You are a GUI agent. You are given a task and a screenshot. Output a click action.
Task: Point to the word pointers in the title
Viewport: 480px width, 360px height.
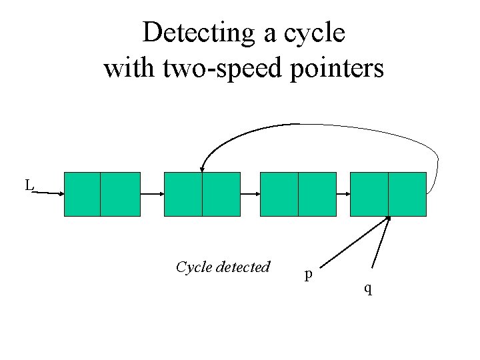pyautogui.click(x=339, y=67)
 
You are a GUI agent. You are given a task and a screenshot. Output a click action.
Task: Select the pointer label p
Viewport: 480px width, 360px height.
pyautogui.click(x=307, y=274)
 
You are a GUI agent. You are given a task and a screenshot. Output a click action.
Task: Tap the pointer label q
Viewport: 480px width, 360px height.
pyautogui.click(x=367, y=288)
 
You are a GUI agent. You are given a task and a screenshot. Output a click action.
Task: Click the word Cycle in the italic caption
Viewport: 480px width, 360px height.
pyautogui.click(x=195, y=267)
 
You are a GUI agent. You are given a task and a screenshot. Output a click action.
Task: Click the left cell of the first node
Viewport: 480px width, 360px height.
pyautogui.click(x=82, y=194)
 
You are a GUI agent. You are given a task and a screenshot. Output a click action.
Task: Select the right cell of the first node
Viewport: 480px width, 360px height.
pyautogui.click(x=120, y=194)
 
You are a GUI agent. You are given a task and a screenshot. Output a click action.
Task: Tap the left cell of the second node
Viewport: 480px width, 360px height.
pyautogui.click(x=183, y=194)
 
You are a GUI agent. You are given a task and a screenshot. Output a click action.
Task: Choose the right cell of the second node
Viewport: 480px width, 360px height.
pyautogui.click(x=221, y=194)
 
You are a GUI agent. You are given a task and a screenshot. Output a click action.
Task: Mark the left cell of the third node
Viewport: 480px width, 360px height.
pyautogui.click(x=279, y=194)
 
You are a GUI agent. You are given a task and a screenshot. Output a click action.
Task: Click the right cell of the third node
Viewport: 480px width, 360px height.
pyautogui.click(x=317, y=194)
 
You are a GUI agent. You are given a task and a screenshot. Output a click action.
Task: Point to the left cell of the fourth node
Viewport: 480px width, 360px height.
pyautogui.click(x=369, y=194)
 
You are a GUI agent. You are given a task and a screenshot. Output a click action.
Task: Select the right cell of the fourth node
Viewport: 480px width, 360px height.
pyautogui.click(x=407, y=194)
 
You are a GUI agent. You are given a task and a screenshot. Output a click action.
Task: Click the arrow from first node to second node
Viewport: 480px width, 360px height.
pyautogui.click(x=152, y=194)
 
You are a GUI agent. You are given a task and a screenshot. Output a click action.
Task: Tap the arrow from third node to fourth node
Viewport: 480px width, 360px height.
pyautogui.click(x=338, y=194)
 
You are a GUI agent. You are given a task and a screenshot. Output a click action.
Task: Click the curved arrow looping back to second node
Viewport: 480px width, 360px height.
pyautogui.click(x=300, y=125)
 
